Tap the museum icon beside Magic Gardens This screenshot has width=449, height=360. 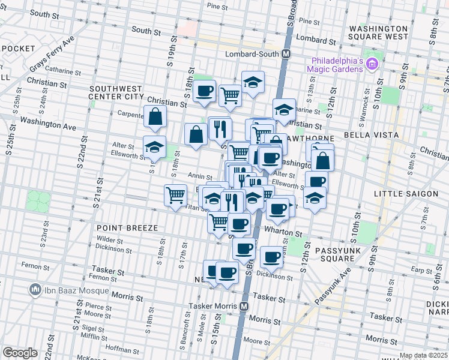tap(372, 64)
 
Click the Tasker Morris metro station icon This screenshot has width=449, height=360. tap(244, 306)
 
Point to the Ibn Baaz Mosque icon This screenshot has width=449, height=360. tap(35, 290)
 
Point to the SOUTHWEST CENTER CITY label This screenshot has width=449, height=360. tap(116, 92)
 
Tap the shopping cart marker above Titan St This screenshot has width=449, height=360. tap(175, 194)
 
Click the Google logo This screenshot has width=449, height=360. tap(20, 352)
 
